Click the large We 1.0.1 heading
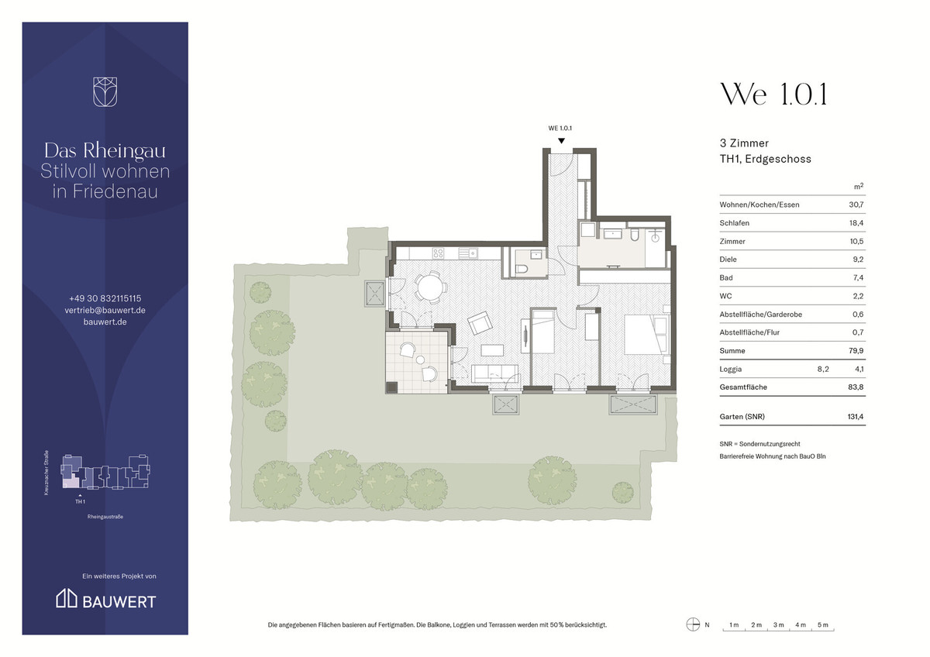pos(774,95)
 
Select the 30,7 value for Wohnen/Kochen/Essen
pos(856,205)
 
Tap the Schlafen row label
pos(735,223)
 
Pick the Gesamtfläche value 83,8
pos(856,387)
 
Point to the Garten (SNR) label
pos(742,417)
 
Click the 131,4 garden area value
pos(856,417)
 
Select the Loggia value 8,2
pos(823,369)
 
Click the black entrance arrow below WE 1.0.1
pos(561,141)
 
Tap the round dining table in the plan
pos(431,287)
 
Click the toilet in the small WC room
pos(522,270)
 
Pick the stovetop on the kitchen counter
pos(438,253)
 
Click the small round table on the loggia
pos(421,359)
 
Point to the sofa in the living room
pos(494,373)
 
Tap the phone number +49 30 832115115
pos(105,298)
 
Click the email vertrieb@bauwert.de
pos(105,310)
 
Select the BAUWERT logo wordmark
pos(119,602)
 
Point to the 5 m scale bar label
pos(823,624)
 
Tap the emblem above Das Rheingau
pos(105,91)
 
